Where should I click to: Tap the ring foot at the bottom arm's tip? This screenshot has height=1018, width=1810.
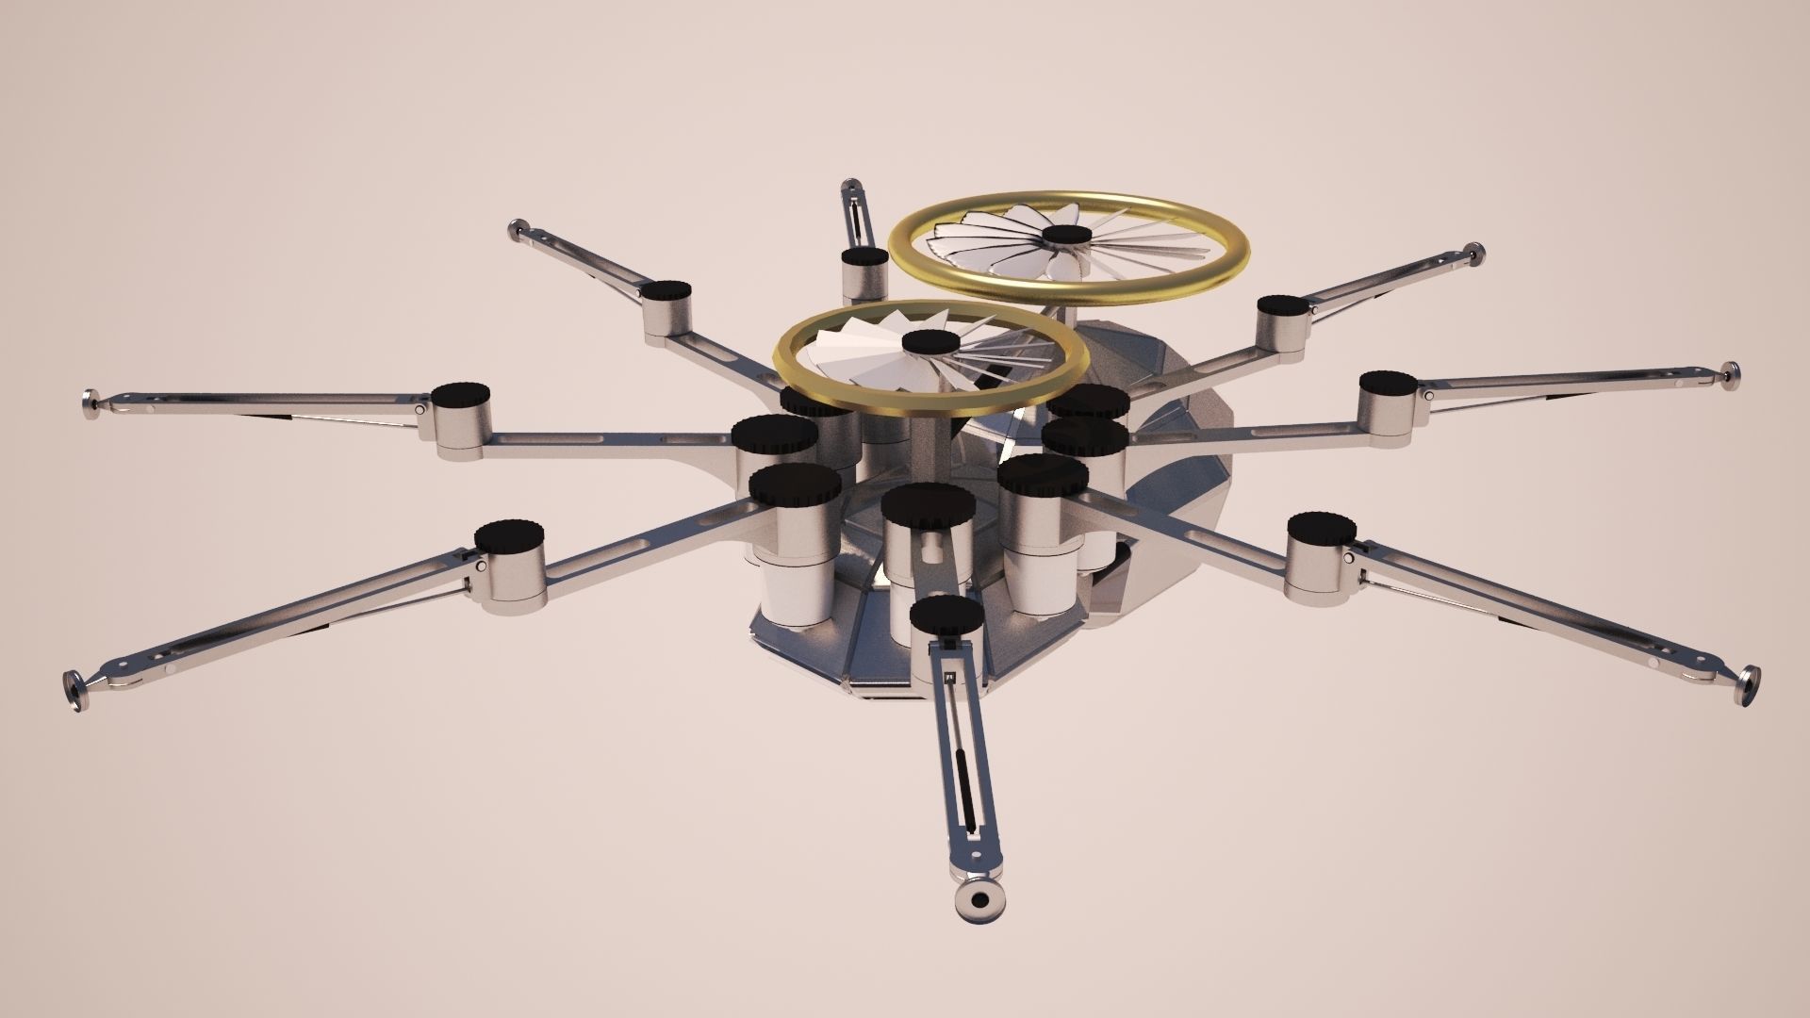(981, 901)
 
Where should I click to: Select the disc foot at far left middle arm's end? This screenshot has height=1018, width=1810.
(93, 403)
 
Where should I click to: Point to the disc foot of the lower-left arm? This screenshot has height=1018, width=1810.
(73, 685)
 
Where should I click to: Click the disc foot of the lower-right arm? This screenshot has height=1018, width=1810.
(1749, 683)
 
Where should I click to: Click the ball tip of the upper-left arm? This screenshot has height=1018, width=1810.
(518, 227)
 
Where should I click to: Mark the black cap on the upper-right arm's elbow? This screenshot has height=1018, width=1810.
(1280, 304)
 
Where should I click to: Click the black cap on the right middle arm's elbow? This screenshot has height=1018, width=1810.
(1387, 383)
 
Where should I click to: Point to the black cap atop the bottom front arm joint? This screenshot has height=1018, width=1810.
(946, 614)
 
